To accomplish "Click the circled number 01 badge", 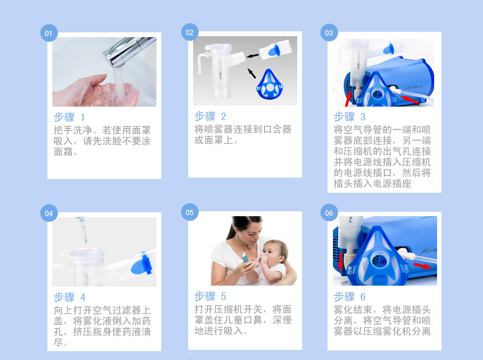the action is [49, 33].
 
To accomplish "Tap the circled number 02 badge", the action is [190, 32].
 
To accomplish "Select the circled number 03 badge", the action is [329, 33].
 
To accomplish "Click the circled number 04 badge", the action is [49, 213].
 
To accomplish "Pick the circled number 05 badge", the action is [190, 212].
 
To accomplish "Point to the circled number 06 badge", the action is [329, 213].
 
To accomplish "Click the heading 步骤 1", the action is [69, 117].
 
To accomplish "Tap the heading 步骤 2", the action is [210, 116].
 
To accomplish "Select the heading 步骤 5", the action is [210, 296].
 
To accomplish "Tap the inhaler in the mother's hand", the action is [245, 258].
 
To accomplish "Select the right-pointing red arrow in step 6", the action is [423, 266].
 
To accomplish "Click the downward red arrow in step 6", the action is [340, 262].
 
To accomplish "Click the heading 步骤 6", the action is [350, 297].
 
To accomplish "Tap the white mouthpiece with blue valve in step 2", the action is [275, 49].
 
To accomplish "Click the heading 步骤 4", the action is [69, 297].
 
